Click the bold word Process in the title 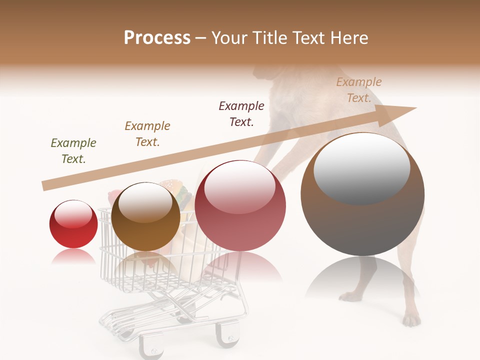(157, 38)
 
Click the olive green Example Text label (73, 150)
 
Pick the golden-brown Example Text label (147, 133)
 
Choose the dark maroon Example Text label (241, 113)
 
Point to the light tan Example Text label (359, 89)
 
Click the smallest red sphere (73, 224)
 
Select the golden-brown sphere (145, 217)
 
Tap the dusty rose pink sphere (240, 206)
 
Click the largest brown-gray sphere (362, 195)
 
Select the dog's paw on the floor (411, 319)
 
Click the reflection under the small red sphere (73, 257)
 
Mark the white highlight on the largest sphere (361, 167)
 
